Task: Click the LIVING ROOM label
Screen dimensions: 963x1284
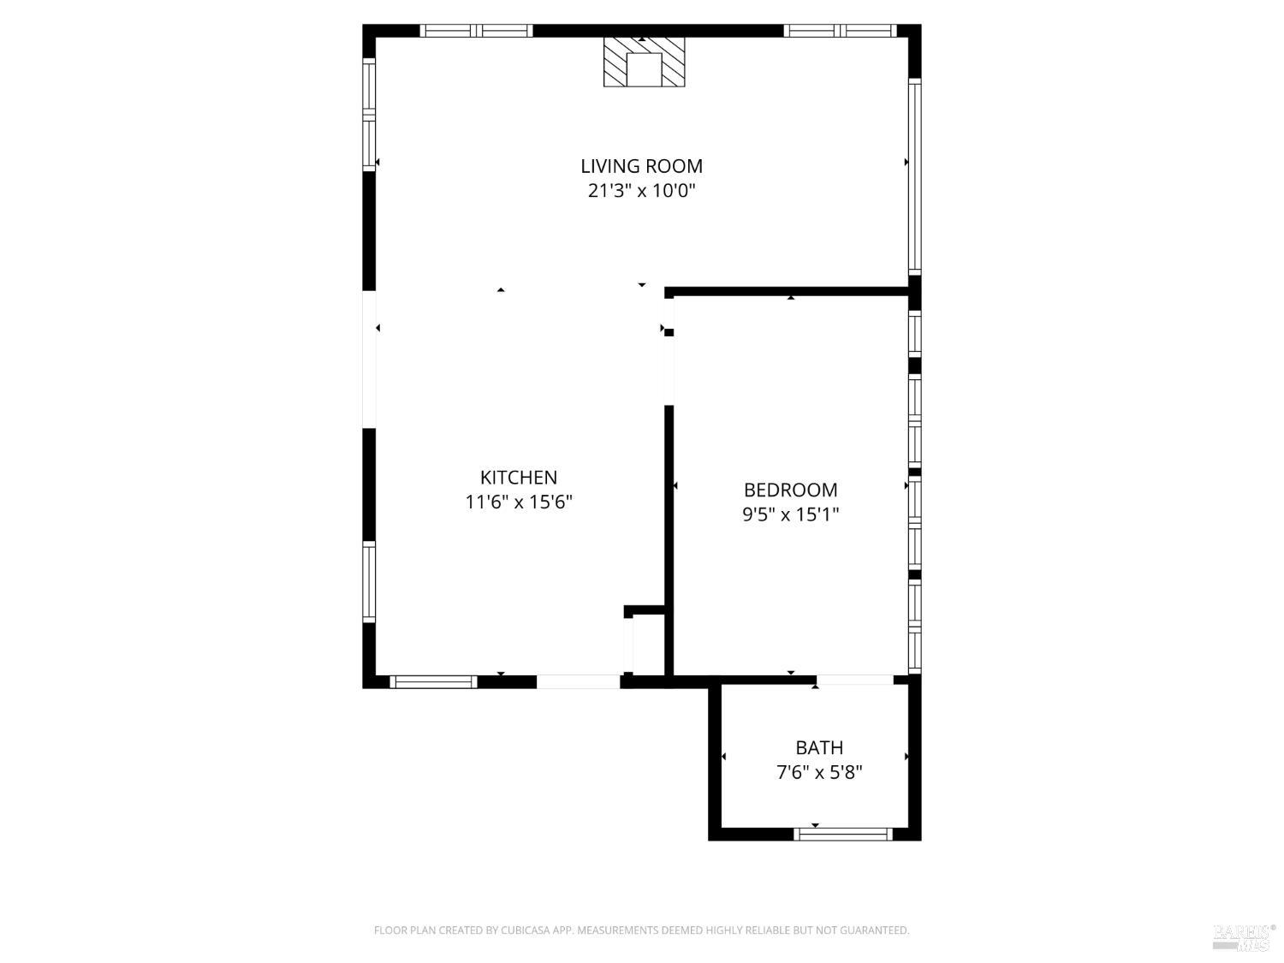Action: click(641, 166)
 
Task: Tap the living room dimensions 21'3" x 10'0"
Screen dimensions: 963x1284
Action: click(641, 190)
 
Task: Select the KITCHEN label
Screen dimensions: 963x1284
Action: click(518, 478)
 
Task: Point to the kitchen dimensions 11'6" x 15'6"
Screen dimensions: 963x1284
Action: click(518, 502)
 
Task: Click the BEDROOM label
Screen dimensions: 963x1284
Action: click(790, 490)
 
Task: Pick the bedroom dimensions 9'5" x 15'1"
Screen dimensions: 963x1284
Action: click(790, 514)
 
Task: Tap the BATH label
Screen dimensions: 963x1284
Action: click(819, 748)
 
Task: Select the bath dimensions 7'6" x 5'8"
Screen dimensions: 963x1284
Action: click(819, 772)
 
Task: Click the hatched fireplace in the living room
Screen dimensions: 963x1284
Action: click(644, 62)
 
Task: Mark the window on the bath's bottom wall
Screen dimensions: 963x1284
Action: click(844, 834)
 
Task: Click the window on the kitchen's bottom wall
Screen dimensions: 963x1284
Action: click(433, 682)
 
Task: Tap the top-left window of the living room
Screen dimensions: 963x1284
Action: click(476, 31)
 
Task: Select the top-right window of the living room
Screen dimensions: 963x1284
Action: click(841, 31)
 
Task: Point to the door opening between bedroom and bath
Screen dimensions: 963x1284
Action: click(854, 681)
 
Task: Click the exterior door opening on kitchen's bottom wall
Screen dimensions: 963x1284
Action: click(578, 682)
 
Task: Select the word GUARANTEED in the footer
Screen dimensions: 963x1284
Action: click(875, 930)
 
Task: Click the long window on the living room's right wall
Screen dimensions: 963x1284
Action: click(914, 176)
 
